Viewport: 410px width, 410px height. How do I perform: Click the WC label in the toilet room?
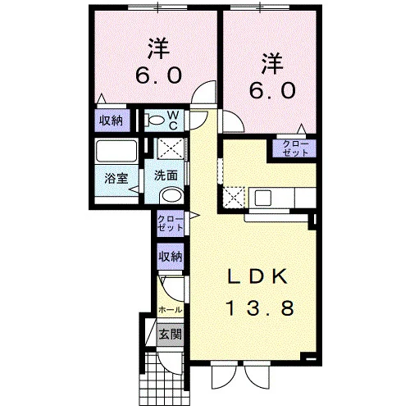click(x=174, y=121)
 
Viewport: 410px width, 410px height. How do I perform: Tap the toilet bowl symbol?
click(x=154, y=121)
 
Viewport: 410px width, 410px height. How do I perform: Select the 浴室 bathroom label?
click(x=116, y=179)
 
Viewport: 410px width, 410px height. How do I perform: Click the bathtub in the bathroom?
click(x=116, y=152)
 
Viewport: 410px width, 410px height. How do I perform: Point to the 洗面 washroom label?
click(x=166, y=175)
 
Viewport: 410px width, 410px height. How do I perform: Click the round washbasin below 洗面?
click(x=171, y=195)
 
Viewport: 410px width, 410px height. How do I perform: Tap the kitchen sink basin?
click(x=263, y=198)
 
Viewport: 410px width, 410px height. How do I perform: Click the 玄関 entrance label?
click(x=171, y=334)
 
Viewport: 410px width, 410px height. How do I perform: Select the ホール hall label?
click(x=170, y=310)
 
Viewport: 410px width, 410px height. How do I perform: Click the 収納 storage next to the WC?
click(x=111, y=121)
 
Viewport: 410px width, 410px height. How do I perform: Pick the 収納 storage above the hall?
click(x=171, y=257)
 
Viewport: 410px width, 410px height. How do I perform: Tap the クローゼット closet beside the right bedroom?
click(x=295, y=148)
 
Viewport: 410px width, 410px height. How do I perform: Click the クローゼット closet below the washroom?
click(x=170, y=224)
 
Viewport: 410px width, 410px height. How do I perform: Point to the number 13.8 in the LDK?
click(x=261, y=308)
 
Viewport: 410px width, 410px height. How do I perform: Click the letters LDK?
click(x=258, y=276)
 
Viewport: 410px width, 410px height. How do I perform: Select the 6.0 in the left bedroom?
click(x=158, y=75)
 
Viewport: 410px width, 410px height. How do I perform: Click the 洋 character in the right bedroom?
click(x=272, y=63)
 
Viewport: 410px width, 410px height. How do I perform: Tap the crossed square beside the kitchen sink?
click(x=234, y=198)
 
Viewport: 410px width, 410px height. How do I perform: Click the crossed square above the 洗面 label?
click(x=171, y=148)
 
